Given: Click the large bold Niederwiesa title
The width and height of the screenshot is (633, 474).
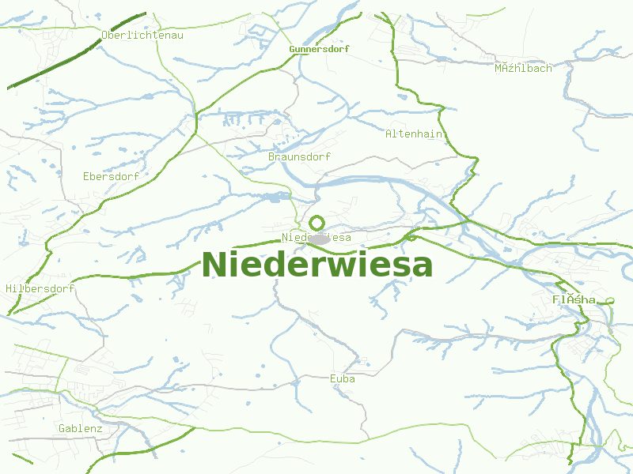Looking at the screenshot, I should coord(316,265).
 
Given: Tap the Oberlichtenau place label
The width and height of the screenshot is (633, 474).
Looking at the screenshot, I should coord(142,35).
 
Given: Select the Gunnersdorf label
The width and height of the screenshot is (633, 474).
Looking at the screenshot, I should coord(319,49).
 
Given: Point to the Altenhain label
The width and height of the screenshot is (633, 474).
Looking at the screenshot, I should coord(414,134).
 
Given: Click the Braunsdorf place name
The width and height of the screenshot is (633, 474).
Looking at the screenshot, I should coord(299,157).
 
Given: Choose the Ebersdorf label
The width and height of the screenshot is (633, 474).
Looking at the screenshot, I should coord(111,177).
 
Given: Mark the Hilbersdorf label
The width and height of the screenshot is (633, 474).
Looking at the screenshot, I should coord(40,289).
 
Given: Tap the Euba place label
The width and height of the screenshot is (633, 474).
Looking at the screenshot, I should coord(343,379).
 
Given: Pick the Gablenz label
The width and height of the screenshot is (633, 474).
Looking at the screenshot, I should coord(81,429).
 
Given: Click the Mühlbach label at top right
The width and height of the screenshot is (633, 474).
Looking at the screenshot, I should coord(523,69).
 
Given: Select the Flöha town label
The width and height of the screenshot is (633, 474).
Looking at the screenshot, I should coord(574,300).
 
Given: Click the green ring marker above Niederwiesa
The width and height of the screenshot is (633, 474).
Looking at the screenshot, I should coord(317,223).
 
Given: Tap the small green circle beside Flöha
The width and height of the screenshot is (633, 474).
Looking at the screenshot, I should coord(610,300).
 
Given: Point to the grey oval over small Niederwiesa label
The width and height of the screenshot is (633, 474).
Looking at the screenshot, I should coord(318,239).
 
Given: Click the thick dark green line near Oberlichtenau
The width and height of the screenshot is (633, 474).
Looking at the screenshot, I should coord(79,49).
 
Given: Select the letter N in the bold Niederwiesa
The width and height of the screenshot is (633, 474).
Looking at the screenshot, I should coord(215,265).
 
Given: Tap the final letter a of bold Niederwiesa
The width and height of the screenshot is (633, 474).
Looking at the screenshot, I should coord(421,267).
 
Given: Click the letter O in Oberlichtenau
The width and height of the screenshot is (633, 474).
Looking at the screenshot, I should coord(105,35).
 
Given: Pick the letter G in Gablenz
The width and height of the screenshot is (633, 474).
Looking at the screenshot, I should coord(63,429).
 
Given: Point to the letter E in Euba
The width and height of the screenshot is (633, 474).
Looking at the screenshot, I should coord(333,379).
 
